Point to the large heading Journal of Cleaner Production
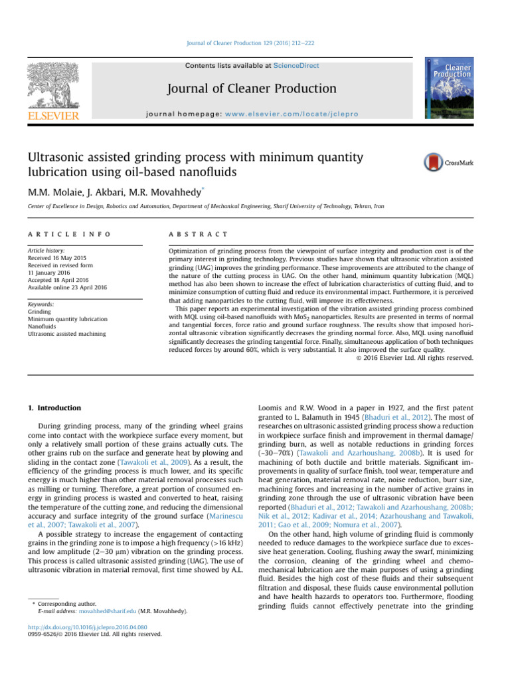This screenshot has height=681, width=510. coord(251,88)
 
